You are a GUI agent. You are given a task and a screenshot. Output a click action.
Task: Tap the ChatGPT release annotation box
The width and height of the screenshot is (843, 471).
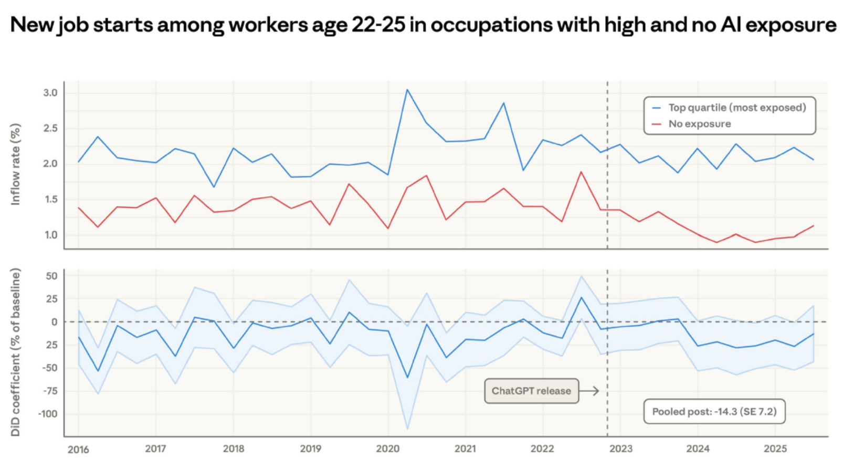point(531,391)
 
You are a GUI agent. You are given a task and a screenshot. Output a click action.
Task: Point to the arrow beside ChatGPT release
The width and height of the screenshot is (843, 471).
point(589,391)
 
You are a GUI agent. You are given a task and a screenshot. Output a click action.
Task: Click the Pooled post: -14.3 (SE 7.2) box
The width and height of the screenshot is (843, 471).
point(714,412)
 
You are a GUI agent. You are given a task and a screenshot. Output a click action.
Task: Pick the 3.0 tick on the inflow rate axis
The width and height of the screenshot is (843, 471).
point(50,93)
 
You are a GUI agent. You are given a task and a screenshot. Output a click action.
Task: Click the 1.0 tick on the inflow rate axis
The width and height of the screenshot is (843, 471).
point(50,235)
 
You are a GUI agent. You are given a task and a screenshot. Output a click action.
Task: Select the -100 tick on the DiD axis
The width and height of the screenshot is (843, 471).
point(48,414)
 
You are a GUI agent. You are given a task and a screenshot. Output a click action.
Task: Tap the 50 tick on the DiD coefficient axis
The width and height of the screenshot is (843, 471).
point(51,276)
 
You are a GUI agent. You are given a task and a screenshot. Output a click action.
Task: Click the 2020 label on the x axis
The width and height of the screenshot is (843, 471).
point(387,449)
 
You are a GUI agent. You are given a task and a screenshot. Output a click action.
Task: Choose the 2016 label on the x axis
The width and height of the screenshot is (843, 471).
point(78,449)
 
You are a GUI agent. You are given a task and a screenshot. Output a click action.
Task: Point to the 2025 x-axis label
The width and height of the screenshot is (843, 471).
point(775,449)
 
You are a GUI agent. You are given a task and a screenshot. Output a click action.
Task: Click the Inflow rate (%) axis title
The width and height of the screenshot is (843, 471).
point(16,164)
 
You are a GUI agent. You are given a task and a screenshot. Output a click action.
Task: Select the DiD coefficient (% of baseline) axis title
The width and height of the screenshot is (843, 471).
point(16,352)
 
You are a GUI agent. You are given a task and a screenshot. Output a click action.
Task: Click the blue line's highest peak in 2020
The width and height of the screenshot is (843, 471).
point(407,90)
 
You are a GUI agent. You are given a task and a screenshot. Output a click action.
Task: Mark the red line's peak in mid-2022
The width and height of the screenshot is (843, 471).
point(581,172)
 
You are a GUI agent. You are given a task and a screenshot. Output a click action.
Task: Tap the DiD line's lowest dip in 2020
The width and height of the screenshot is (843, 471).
point(407,378)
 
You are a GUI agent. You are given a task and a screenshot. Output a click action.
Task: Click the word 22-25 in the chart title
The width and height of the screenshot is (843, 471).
point(378,25)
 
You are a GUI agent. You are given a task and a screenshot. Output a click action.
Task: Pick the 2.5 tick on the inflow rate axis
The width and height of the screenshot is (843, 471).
point(50,129)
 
